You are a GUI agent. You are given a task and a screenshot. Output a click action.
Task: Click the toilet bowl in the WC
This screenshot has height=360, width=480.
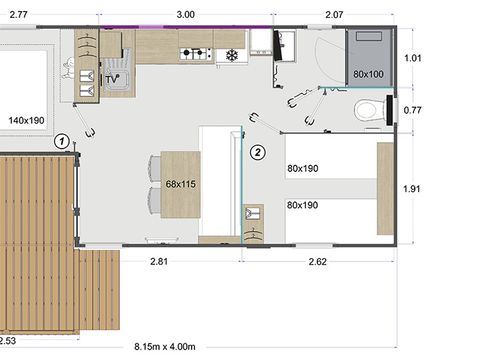tap(367, 110)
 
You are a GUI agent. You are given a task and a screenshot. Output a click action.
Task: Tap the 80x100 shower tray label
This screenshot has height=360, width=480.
tap(368, 74)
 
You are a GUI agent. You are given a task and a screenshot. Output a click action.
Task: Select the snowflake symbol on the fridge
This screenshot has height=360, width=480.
tap(232, 55)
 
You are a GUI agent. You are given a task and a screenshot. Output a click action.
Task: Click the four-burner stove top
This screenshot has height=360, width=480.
tap(195, 54)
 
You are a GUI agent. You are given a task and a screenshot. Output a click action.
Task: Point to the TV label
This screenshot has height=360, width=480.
tap(112, 79)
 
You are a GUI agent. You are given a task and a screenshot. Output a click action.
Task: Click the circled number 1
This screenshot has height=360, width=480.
tap(62, 141)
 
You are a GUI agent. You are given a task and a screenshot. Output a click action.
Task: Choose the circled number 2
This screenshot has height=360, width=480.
tap(258, 152)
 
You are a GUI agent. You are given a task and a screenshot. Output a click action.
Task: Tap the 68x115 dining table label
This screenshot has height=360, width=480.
tap(180, 184)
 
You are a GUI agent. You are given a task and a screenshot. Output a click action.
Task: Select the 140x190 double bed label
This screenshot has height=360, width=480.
tap(26, 120)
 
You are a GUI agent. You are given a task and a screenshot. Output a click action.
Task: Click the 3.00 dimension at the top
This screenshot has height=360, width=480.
tap(186, 15)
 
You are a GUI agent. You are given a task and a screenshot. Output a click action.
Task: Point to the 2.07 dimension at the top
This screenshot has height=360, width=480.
tap(334, 15)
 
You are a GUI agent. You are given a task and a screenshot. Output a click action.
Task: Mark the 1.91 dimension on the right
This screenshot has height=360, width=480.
tap(412, 189)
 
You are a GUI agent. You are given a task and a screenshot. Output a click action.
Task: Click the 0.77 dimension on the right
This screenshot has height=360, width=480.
tap(412, 110)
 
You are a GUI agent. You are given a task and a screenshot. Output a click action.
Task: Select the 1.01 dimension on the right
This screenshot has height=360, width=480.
tap(413, 58)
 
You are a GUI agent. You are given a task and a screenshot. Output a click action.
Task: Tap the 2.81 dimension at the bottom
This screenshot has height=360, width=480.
tap(159, 261)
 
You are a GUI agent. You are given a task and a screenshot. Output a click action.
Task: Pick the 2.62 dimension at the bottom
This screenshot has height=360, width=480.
tap(318, 262)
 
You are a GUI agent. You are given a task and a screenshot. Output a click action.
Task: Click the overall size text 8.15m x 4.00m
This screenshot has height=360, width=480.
tap(165, 347)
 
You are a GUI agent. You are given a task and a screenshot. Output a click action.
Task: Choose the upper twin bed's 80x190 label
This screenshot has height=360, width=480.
tap(303, 168)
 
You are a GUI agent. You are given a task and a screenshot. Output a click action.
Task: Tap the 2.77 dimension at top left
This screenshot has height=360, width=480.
tap(19, 15)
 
